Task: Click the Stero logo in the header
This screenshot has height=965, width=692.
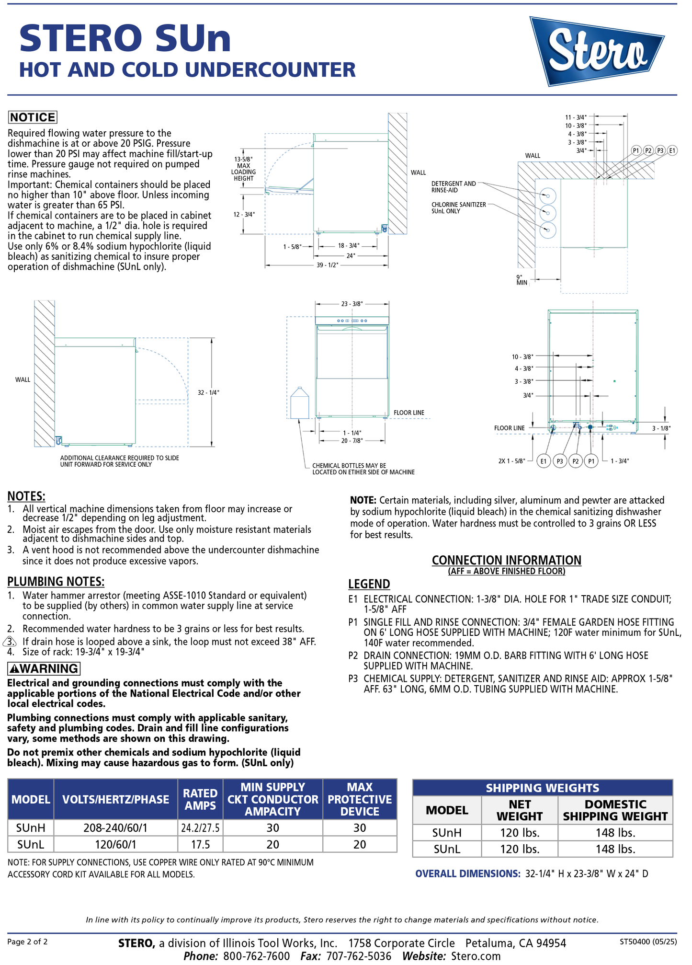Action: (597, 51)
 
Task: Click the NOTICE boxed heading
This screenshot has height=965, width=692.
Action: (33, 117)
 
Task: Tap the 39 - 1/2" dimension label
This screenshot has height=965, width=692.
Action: (327, 265)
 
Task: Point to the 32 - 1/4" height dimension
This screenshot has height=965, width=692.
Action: (208, 392)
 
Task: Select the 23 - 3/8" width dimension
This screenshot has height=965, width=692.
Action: (352, 304)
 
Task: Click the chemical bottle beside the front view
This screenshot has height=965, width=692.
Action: (300, 403)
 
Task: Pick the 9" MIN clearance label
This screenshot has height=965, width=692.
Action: (522, 280)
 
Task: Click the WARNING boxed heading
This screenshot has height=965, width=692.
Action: (44, 668)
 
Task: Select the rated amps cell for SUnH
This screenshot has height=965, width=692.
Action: (200, 828)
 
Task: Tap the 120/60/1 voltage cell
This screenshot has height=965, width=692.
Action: (115, 844)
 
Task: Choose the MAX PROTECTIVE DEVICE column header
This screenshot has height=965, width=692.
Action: (360, 799)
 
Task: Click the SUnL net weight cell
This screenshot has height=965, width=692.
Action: (520, 849)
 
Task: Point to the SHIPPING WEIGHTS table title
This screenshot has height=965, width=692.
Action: (542, 788)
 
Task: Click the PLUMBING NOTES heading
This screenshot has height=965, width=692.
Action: (56, 582)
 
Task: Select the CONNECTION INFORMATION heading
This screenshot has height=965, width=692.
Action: (506, 560)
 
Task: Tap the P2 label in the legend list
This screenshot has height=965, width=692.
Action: (353, 655)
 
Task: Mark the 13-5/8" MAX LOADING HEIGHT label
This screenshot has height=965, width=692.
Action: (243, 169)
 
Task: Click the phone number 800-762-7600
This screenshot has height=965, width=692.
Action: (256, 956)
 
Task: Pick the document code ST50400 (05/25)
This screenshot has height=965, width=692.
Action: (648, 942)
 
